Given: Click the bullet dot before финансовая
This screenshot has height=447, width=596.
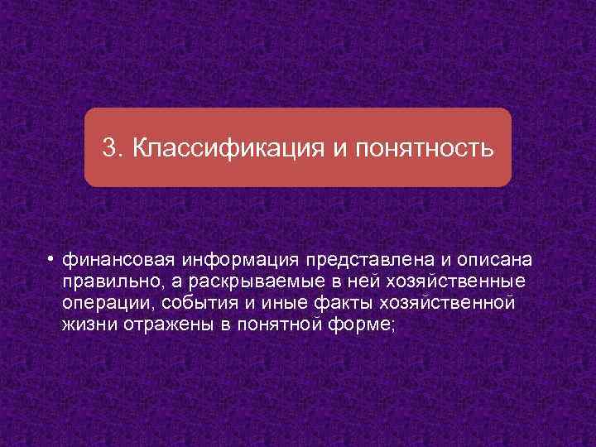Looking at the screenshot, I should pyautogui.click(x=50, y=259).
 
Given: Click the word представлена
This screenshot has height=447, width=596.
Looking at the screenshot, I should pyautogui.click(x=357, y=261).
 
